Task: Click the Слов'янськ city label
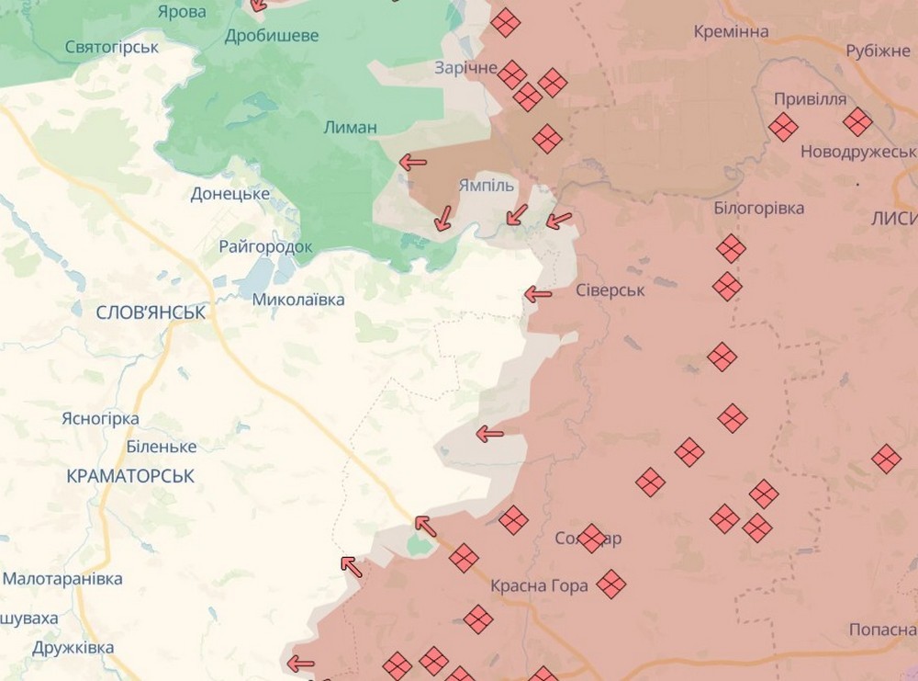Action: (x=151, y=312)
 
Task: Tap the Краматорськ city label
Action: (x=130, y=476)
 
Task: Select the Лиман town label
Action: (x=350, y=127)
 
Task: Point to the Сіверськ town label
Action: (x=610, y=290)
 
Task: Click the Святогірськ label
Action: (x=112, y=47)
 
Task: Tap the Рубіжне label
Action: (x=877, y=50)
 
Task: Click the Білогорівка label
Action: (x=758, y=208)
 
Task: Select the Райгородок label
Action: (x=265, y=246)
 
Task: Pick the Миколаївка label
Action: (x=298, y=300)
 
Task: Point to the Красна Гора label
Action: (x=539, y=585)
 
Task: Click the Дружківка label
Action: (x=73, y=647)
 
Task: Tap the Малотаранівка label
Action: (x=62, y=579)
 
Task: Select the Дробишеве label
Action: (x=272, y=35)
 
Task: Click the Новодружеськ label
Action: (x=858, y=152)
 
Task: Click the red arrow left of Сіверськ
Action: (x=537, y=295)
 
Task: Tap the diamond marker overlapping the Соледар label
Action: (x=592, y=538)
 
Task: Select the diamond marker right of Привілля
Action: (x=856, y=122)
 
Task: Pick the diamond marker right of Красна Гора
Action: (x=610, y=584)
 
